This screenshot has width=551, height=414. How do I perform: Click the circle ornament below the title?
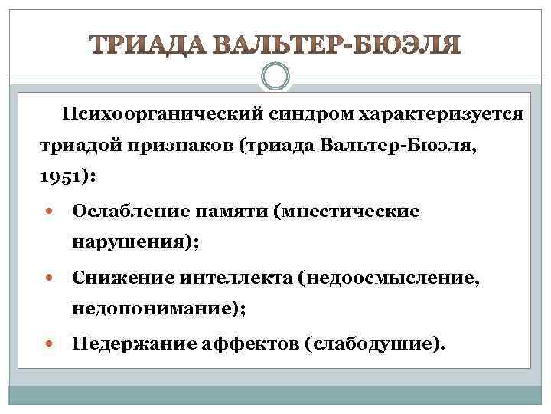(275, 78)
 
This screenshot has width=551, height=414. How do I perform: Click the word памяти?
(227, 211)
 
